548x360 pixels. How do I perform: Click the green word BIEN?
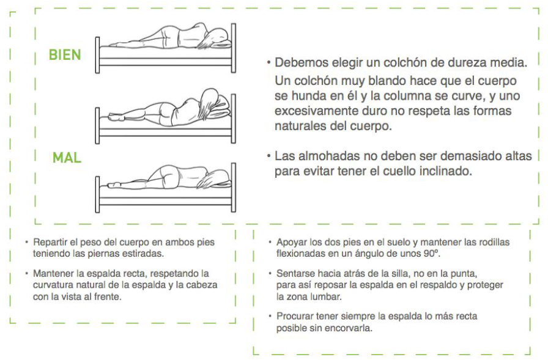[x=65, y=55]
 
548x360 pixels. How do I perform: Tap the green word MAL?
[x=67, y=158]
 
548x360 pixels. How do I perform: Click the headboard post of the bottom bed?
[x=234, y=188]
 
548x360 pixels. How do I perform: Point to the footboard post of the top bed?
[x=97, y=55]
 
